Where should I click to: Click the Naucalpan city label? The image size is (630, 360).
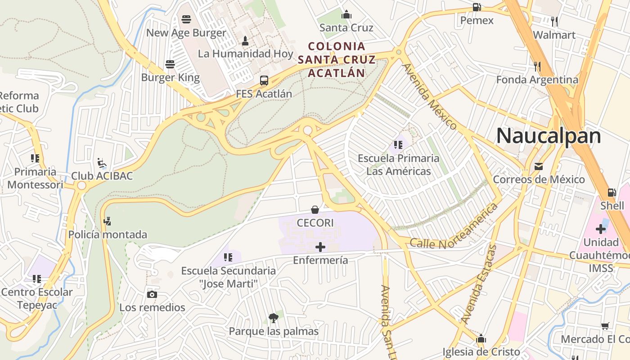click(549, 135)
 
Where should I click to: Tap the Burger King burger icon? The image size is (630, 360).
click(170, 64)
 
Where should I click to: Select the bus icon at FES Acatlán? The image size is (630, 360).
click(264, 81)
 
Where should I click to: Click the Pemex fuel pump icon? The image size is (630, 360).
click(477, 7)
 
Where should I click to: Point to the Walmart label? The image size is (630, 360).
click(554, 35)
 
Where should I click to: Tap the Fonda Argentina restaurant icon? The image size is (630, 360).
click(537, 67)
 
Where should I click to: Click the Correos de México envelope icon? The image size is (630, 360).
click(539, 166)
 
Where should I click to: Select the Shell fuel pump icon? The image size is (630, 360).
click(612, 193)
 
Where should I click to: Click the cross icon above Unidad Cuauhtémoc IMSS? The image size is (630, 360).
click(601, 229)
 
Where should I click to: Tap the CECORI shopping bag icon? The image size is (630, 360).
click(315, 210)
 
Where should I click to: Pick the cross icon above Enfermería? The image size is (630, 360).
click(320, 247)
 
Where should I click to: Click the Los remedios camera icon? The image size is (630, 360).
click(152, 295)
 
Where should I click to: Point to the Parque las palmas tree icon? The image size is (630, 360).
click(273, 319)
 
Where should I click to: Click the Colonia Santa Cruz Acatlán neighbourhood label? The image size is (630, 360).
click(337, 59)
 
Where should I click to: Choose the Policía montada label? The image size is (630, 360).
click(108, 234)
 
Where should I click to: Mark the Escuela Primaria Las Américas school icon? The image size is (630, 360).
click(398, 145)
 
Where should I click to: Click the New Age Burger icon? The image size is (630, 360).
click(186, 19)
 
